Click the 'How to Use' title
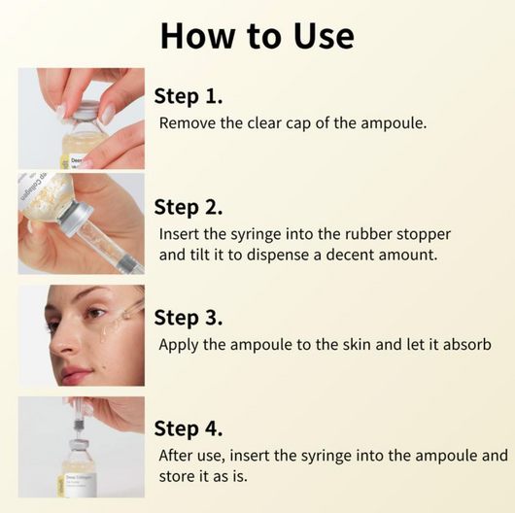(x=257, y=35)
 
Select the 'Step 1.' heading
(x=189, y=95)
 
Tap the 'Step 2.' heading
(x=189, y=207)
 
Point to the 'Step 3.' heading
(x=189, y=318)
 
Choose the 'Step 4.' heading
(x=189, y=428)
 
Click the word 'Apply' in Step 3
(x=180, y=345)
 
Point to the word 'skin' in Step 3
(x=340, y=345)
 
